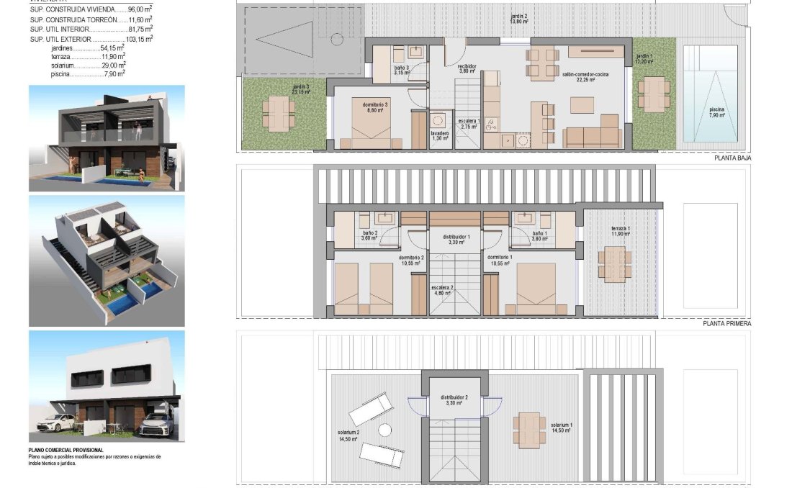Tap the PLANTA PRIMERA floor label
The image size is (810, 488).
point(726,324)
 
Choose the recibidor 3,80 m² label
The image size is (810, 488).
point(467,68)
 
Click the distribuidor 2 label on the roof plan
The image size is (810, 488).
point(455,399)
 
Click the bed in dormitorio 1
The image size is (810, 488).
point(536,289)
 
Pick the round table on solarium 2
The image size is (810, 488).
point(384,430)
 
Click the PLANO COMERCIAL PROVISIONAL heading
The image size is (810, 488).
point(66,450)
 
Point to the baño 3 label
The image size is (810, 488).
point(401,70)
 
